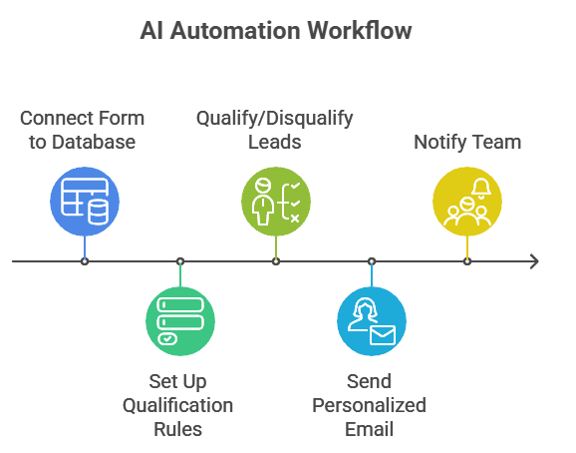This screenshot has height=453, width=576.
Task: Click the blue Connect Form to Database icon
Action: pos(85,202)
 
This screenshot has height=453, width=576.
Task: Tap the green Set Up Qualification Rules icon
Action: pos(180,321)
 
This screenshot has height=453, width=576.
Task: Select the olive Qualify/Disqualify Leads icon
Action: pos(276,202)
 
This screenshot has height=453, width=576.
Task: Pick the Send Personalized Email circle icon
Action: pos(372,321)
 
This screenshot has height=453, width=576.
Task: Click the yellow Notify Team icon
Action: pos(467,202)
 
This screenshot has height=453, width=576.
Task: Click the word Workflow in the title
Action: pos(360,30)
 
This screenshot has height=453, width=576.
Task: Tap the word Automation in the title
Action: pos(235,30)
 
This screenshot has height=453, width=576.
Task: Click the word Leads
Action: pos(275,142)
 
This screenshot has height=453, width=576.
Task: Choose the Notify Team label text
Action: pos(467,142)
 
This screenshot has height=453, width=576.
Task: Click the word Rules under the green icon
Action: pos(177,429)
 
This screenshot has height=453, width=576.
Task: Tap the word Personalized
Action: pos(369,405)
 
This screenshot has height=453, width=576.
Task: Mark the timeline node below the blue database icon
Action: pos(85,261)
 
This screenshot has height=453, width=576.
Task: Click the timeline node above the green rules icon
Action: pos(180,261)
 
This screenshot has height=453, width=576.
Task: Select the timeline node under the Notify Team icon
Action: pos(467,261)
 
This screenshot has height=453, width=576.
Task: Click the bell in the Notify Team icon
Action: pos(481,189)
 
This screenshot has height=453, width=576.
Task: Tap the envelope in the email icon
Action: pos(383,335)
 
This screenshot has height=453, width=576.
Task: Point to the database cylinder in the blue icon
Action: pos(99,212)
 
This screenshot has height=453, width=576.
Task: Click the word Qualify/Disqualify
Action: pos(275,119)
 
